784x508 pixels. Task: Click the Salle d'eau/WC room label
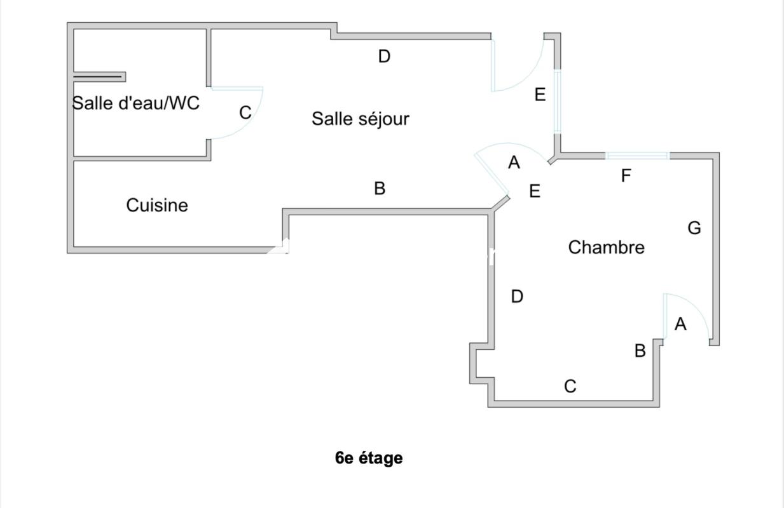(x=135, y=103)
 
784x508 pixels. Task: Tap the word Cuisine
(x=157, y=205)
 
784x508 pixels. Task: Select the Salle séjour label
(x=360, y=119)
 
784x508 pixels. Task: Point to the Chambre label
(x=606, y=247)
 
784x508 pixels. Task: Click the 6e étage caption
(x=369, y=457)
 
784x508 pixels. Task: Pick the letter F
(x=626, y=176)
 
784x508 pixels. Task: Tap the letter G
(x=694, y=227)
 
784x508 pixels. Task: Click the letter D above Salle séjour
(x=384, y=57)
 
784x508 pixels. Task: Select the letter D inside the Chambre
(x=517, y=296)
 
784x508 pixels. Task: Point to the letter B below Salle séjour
(x=380, y=189)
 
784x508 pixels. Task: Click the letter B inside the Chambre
(x=640, y=351)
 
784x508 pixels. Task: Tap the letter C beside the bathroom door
(x=245, y=113)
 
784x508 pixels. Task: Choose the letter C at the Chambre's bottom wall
(x=570, y=386)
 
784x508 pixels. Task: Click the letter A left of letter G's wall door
(x=680, y=324)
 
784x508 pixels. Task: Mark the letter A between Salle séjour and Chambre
(x=514, y=163)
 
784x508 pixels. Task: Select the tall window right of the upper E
(x=557, y=102)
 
